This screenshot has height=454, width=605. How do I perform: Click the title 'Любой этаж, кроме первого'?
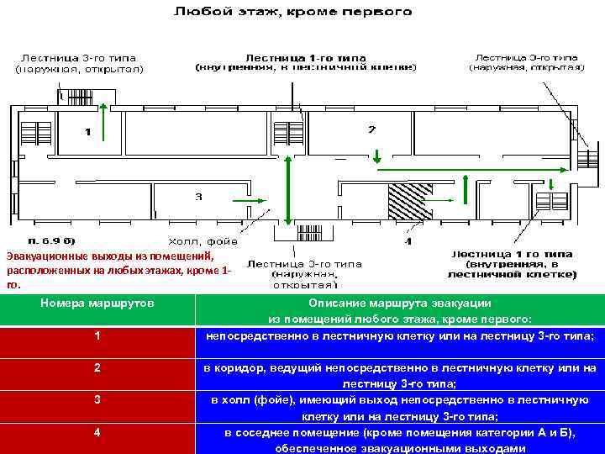coord(293,12)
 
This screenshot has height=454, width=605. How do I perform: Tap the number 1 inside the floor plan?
coord(87,131)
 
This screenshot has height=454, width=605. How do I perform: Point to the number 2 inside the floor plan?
coord(371,129)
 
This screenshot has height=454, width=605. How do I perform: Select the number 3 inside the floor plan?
coord(198,197)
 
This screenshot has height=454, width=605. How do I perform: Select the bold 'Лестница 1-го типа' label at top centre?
coord(306,57)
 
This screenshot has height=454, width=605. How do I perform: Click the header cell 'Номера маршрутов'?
coord(98,303)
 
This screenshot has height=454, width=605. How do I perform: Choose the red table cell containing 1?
coord(98,336)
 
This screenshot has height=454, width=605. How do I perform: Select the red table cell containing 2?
coord(98,367)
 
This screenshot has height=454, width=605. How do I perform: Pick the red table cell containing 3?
coord(98,399)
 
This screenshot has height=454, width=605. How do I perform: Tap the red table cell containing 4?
coord(98,432)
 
